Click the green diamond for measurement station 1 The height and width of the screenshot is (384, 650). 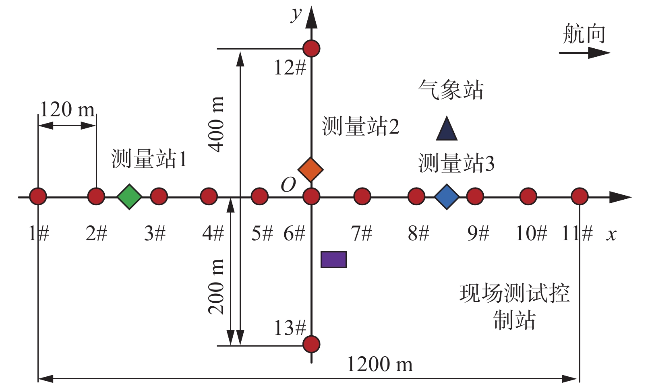point(129,197)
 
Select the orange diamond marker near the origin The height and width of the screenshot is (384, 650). point(311,170)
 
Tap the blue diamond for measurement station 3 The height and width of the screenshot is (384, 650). point(447,197)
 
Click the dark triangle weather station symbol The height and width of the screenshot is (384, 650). point(447,130)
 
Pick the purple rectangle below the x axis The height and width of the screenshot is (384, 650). point(333,260)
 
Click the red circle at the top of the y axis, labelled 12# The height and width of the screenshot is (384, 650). point(311,48)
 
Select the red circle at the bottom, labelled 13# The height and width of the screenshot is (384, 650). point(311,344)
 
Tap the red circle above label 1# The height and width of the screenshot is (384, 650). point(38,197)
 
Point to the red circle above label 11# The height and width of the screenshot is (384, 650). point(580,197)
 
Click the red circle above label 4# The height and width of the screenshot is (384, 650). point(209,197)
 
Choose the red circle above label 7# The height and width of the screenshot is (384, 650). point(362,197)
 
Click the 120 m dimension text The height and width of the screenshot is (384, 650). point(67,109)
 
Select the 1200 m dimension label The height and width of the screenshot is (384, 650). point(380,364)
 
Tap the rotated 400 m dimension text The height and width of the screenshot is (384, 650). point(216,124)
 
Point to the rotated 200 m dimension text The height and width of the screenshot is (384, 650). point(216,286)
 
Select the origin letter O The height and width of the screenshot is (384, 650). point(288,185)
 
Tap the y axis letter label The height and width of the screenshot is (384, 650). point(296,14)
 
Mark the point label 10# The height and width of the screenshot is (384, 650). point(532,233)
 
